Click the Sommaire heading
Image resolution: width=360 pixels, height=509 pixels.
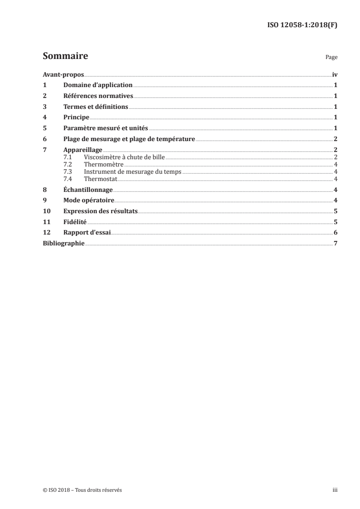click(x=65, y=57)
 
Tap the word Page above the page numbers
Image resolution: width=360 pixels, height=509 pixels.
click(x=331, y=58)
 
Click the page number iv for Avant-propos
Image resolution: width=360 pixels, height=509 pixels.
click(x=335, y=74)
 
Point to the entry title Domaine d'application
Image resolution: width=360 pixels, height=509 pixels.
click(x=98, y=85)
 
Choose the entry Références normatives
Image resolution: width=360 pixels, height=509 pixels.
click(x=98, y=96)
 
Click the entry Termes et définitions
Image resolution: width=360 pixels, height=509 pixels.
click(x=96, y=107)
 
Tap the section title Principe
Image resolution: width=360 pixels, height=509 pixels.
click(x=76, y=117)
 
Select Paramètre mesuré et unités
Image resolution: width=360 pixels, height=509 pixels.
click(x=106, y=128)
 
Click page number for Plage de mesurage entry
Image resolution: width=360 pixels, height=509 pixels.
click(x=335, y=139)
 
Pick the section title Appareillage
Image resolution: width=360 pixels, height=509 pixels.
click(x=83, y=150)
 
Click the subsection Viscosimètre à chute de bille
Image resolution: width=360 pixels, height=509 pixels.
click(x=125, y=157)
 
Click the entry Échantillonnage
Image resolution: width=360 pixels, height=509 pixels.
click(x=89, y=189)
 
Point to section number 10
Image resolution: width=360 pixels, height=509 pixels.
click(x=46, y=211)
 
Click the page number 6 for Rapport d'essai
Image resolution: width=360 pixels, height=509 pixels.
click(x=335, y=233)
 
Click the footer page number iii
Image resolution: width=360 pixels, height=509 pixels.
click(x=335, y=490)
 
